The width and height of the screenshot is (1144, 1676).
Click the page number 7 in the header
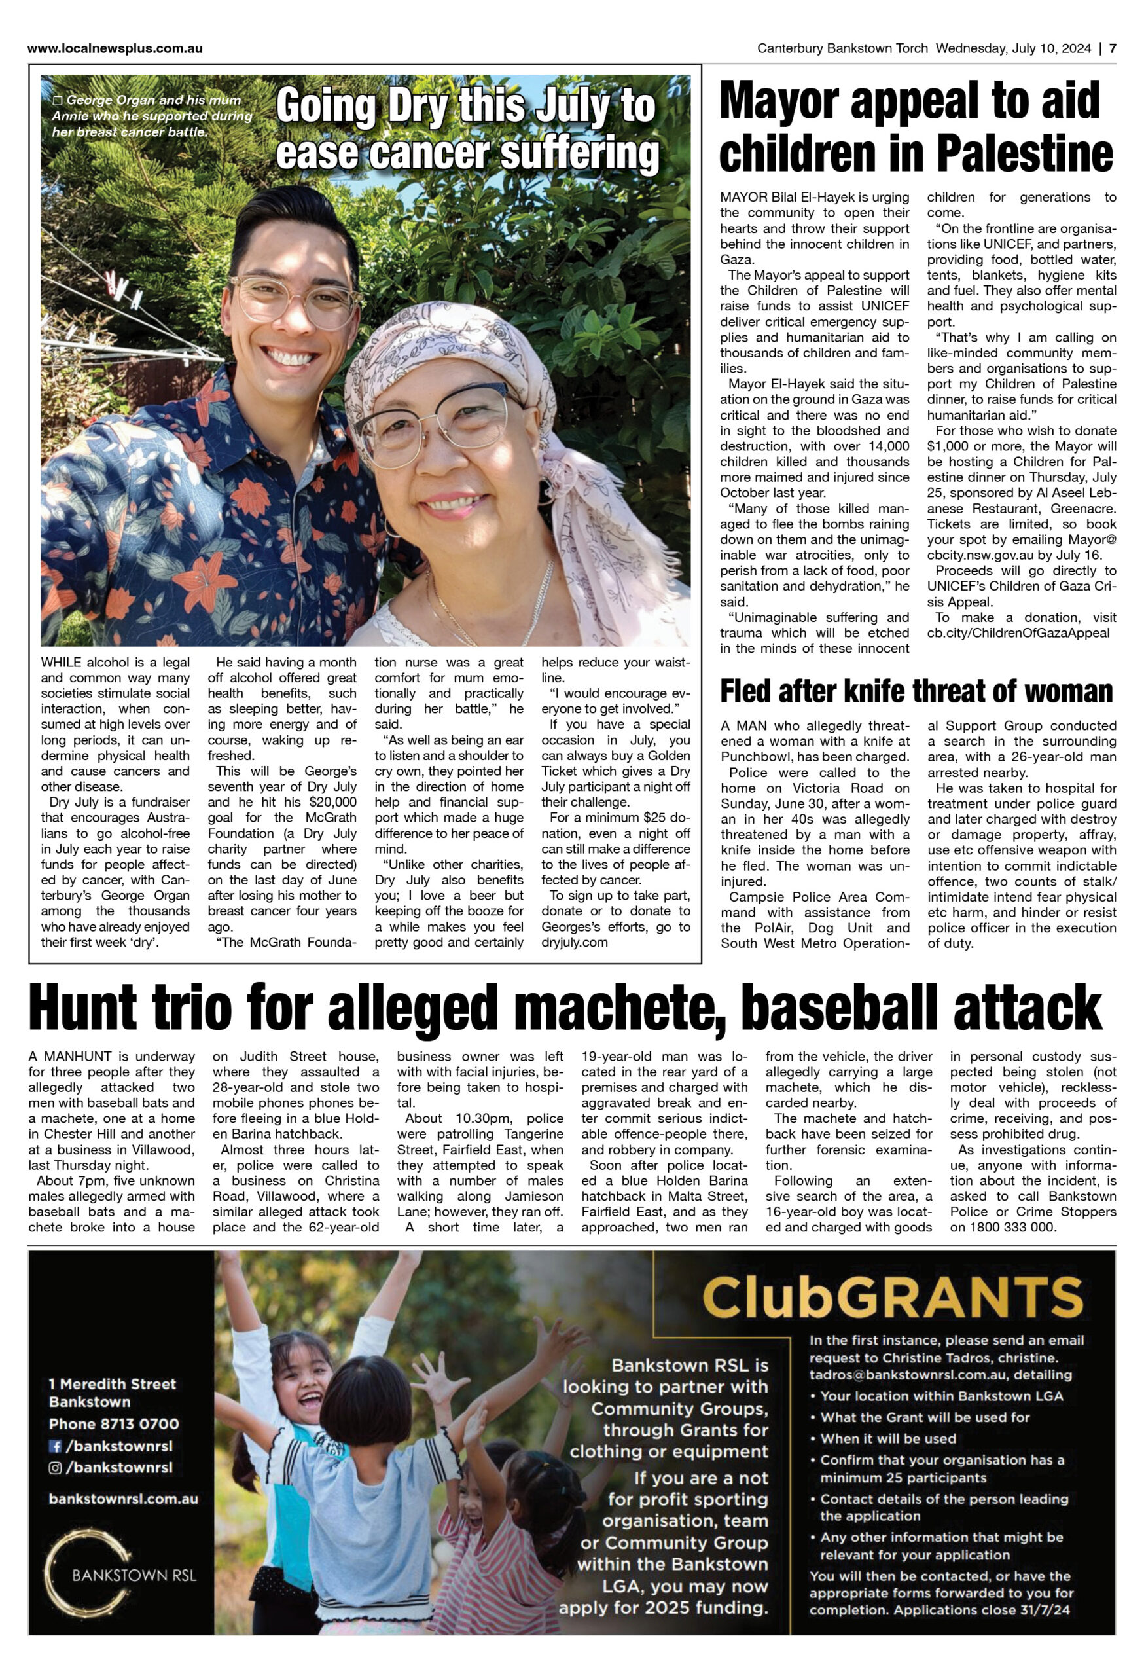point(1113,49)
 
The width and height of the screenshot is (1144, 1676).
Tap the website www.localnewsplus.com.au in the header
point(115,49)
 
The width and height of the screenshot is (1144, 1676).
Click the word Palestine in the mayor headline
point(1025,153)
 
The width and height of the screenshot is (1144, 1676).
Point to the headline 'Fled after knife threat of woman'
point(916,691)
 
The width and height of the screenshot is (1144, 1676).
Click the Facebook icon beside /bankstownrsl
point(55,1446)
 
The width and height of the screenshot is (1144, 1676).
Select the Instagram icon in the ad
point(55,1468)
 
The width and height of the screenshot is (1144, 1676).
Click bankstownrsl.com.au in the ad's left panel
point(122,1499)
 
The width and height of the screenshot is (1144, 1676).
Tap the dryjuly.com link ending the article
point(575,943)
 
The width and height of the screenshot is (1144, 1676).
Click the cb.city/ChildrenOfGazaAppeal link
point(1018,633)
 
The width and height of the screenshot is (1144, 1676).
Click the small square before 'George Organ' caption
point(58,101)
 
